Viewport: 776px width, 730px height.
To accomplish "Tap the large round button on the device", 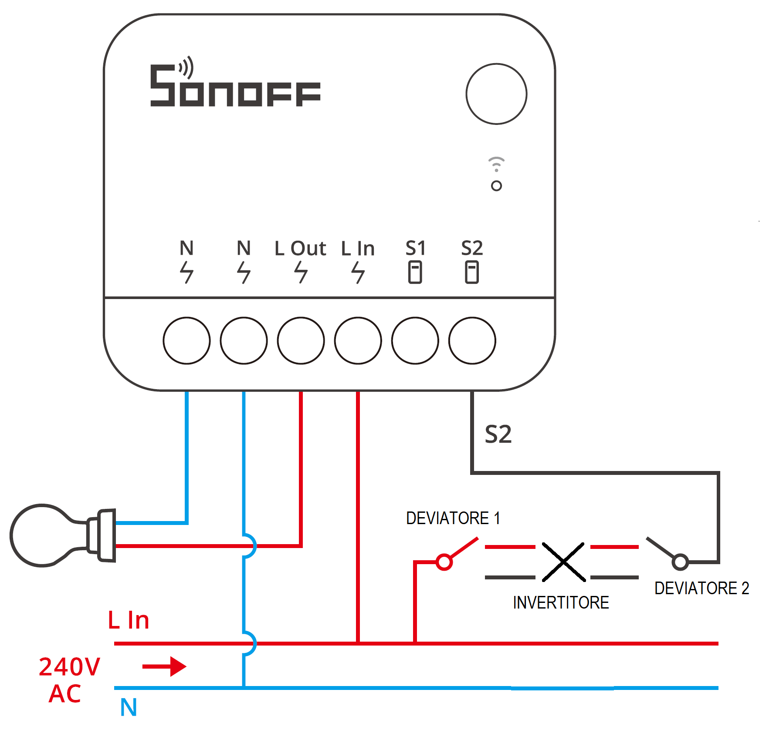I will click(x=496, y=94).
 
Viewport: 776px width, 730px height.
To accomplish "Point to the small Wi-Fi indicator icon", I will click(x=496, y=164).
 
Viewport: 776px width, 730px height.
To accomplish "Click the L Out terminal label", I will click(x=300, y=249).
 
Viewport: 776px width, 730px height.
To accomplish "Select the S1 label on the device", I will click(x=415, y=249).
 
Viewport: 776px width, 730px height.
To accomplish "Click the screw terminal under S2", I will click(x=472, y=340).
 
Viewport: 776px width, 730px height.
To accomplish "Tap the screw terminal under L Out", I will click(x=301, y=340).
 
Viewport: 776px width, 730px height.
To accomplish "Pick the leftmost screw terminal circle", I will click(x=186, y=340).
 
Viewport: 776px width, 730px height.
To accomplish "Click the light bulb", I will click(x=44, y=535).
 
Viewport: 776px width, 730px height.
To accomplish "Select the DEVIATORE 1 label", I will click(x=453, y=518).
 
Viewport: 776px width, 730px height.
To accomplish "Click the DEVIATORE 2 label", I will click(x=701, y=588).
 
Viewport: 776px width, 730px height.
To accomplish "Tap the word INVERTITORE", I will click(x=561, y=602).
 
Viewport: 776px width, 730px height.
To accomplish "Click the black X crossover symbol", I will click(x=563, y=562).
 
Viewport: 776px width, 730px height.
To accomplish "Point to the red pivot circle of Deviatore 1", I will click(x=444, y=562).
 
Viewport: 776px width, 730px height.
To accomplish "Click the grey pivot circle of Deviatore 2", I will click(x=680, y=562).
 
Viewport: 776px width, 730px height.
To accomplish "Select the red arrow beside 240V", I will click(x=164, y=666).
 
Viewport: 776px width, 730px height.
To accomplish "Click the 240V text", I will click(x=70, y=667).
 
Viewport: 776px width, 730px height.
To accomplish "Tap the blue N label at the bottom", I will click(x=129, y=707).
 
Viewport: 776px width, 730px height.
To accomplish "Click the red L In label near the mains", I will click(x=129, y=620).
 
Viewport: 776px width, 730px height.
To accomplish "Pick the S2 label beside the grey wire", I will click(x=498, y=434).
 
